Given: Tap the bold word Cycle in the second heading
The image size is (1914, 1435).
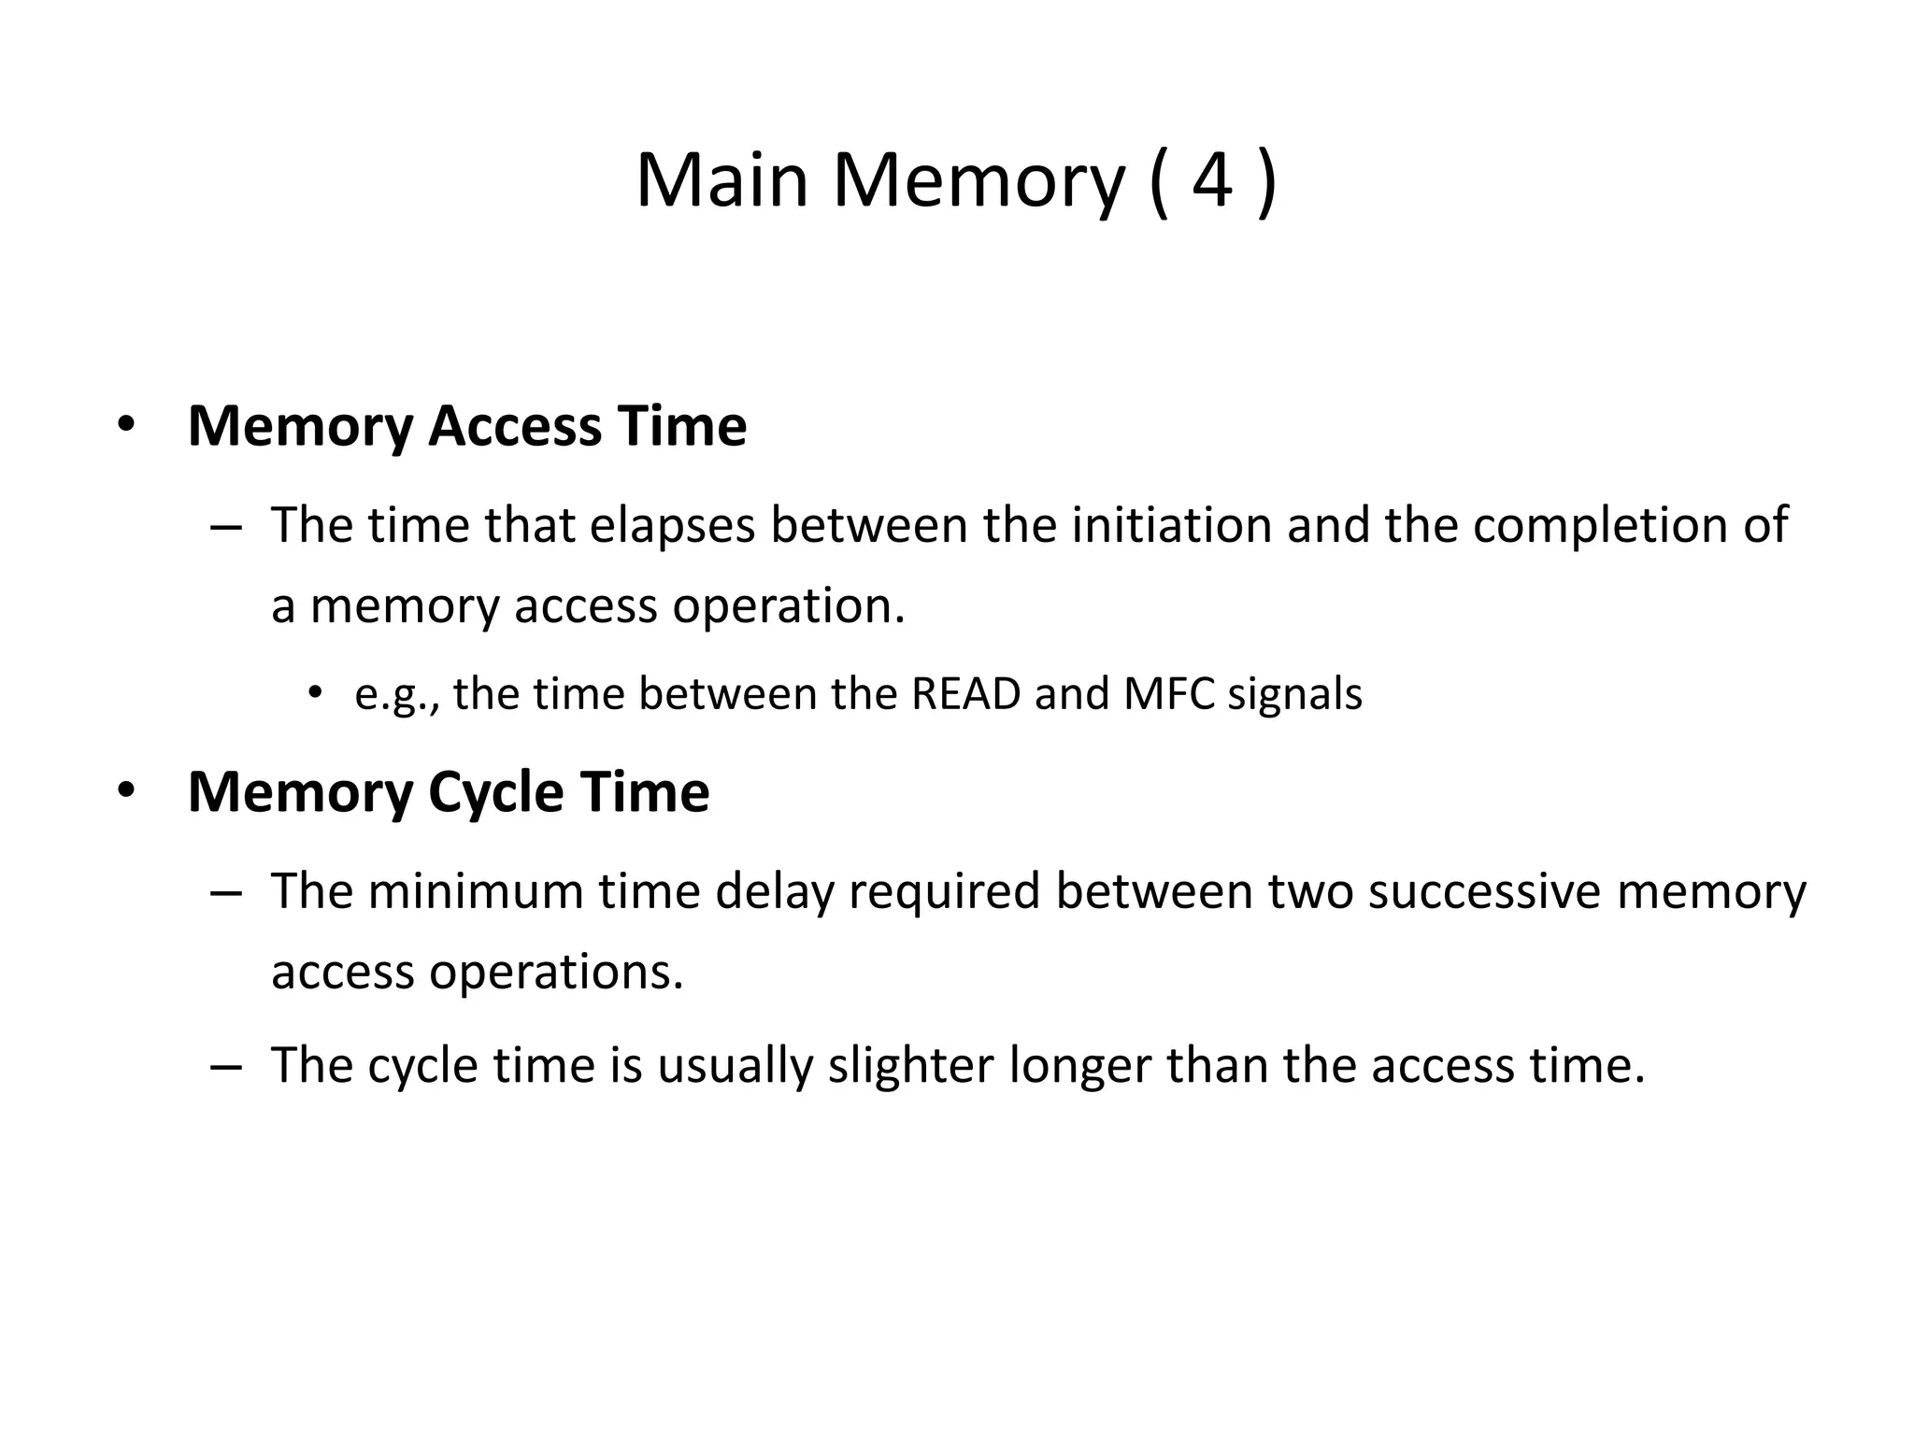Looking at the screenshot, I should (x=495, y=792).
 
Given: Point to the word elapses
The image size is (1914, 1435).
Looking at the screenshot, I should (x=672, y=525).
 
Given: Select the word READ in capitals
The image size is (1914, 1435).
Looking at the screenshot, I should (x=965, y=694).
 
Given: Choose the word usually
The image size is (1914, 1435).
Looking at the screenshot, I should (x=735, y=1065).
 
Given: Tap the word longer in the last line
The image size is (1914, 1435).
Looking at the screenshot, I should (x=1079, y=1065).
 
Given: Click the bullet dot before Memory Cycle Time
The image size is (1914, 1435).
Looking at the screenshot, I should (x=126, y=790).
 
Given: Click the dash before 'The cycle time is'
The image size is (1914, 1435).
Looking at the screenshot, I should (x=226, y=1067).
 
